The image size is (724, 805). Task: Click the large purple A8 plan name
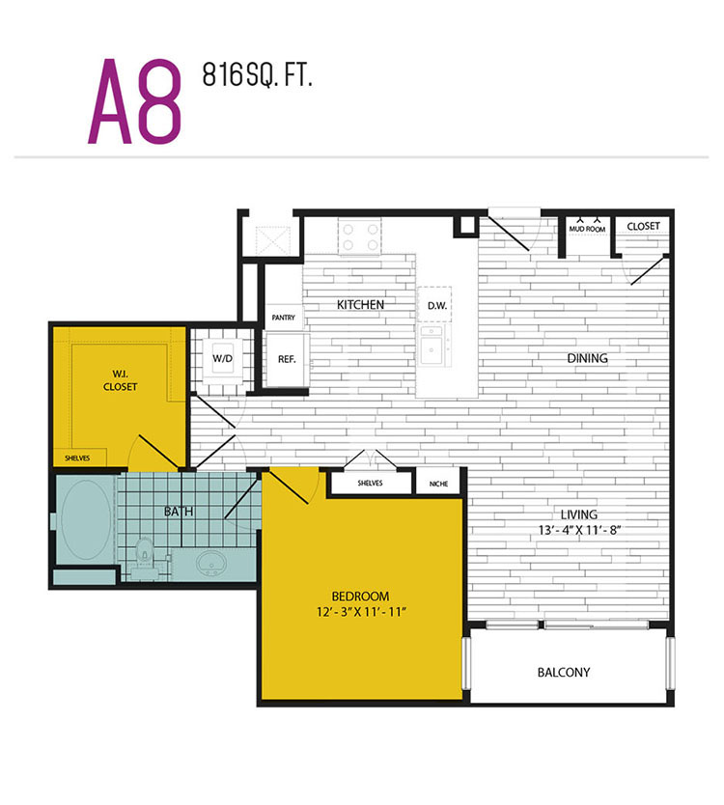pyautogui.click(x=135, y=100)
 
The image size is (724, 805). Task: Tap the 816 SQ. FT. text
pyautogui.click(x=257, y=75)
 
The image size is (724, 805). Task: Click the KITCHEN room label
pyautogui.click(x=360, y=305)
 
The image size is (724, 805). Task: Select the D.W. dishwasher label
pyautogui.click(x=437, y=306)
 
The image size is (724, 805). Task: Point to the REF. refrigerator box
pyautogui.click(x=287, y=360)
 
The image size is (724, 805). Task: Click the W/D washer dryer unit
pyautogui.click(x=222, y=359)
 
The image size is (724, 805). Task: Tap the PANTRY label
pyautogui.click(x=284, y=318)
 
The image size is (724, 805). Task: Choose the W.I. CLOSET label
pyautogui.click(x=120, y=380)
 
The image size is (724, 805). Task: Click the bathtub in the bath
pyautogui.click(x=85, y=520)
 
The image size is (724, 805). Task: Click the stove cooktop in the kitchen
pyautogui.click(x=359, y=236)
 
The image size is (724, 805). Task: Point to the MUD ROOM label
pyautogui.click(x=587, y=229)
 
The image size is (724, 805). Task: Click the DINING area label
pyautogui.click(x=588, y=358)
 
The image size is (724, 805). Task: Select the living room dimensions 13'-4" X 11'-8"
pyautogui.click(x=579, y=530)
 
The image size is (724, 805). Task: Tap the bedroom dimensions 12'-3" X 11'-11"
pyautogui.click(x=361, y=612)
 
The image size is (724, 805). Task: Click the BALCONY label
pyautogui.click(x=564, y=673)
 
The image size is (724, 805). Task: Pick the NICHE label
pyautogui.click(x=438, y=484)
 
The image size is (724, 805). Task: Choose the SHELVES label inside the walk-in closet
pyautogui.click(x=77, y=458)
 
